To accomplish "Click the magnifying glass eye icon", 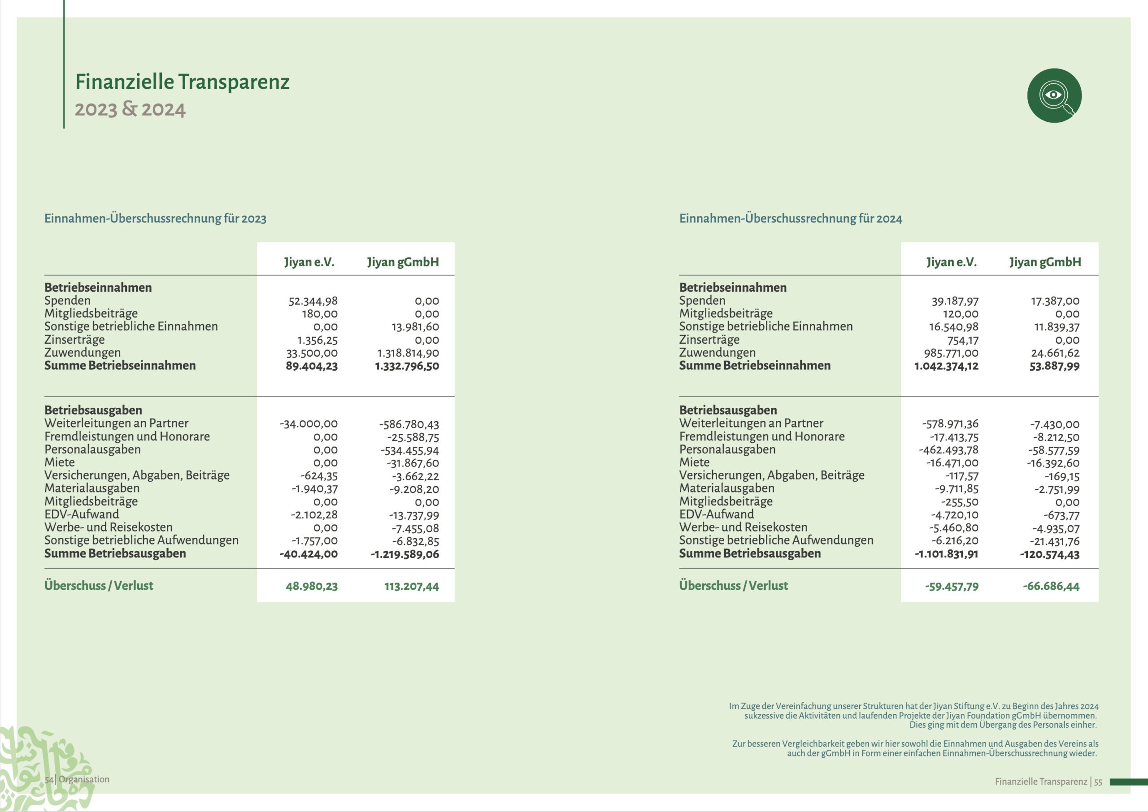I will click(1054, 95).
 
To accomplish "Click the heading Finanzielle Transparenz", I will click(182, 82).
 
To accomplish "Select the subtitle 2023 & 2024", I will click(130, 109).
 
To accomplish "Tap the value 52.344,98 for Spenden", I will click(313, 301).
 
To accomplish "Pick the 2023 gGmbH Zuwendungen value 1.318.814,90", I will click(408, 353).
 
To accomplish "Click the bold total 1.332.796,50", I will click(407, 366).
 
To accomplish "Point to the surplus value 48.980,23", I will click(311, 586).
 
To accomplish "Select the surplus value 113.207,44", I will click(411, 586).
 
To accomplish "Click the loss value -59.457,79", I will click(952, 586).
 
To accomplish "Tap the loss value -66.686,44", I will click(1051, 586).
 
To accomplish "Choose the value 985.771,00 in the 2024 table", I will click(951, 353).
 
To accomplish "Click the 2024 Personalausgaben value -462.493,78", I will click(948, 450).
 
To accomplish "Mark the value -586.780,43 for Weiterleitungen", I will click(409, 424).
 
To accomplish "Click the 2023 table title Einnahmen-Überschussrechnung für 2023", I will click(155, 219).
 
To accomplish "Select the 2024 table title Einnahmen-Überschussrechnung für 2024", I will click(790, 219).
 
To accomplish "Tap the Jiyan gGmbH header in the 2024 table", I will click(1045, 262).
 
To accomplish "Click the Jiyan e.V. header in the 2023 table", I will click(309, 262).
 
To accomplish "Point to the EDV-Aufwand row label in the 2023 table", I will click(82, 514).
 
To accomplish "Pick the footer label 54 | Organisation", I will click(77, 779).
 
